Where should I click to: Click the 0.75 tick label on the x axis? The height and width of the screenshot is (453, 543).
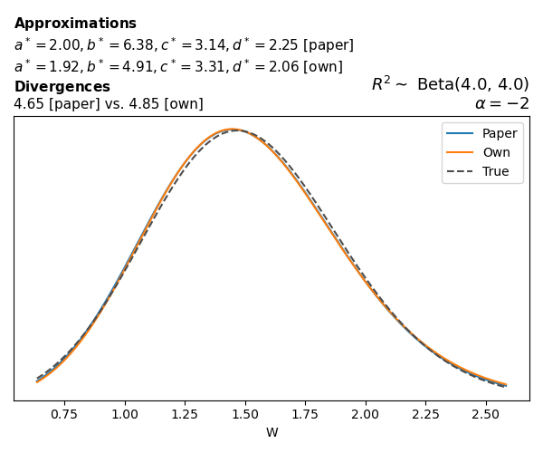click(x=64, y=413)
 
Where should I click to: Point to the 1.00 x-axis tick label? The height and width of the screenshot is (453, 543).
click(x=125, y=413)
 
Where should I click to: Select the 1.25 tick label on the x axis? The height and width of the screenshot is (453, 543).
click(x=185, y=413)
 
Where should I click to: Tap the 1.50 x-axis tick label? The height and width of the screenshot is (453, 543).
click(x=245, y=413)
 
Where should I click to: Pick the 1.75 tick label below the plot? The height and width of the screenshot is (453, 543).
click(x=305, y=413)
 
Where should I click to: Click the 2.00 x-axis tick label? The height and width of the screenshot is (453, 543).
click(x=366, y=413)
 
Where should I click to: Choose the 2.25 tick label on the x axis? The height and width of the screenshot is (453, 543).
click(x=425, y=413)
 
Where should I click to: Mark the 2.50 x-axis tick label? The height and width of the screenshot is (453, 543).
click(x=486, y=413)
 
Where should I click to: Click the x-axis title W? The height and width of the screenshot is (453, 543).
click(x=271, y=432)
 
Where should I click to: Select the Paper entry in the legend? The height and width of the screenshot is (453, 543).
click(x=500, y=133)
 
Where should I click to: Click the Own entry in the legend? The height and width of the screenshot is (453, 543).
click(x=496, y=152)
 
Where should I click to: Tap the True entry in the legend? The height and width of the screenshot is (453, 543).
click(x=496, y=171)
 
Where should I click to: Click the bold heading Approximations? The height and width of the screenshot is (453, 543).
click(x=75, y=24)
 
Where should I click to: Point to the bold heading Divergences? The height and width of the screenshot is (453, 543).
click(x=62, y=87)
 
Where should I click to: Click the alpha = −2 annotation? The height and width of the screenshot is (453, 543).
click(x=501, y=103)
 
